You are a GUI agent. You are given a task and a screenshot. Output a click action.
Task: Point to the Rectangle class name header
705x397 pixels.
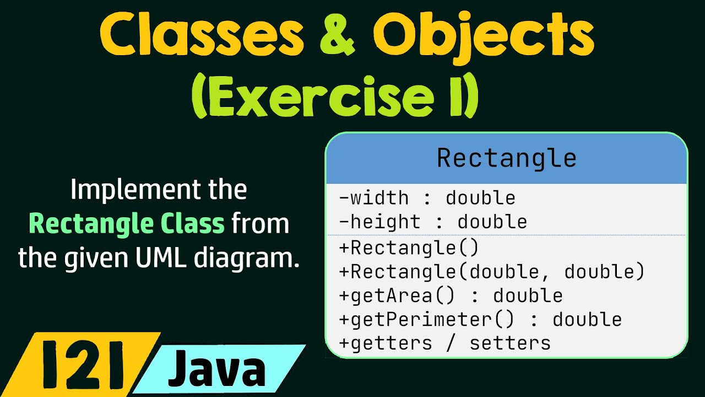[x=506, y=158]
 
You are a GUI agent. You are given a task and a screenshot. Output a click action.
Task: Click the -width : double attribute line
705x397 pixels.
[x=427, y=197]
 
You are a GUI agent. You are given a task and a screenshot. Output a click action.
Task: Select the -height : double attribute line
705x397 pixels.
[x=433, y=222]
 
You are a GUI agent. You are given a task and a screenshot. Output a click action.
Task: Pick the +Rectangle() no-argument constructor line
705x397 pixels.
[x=409, y=248]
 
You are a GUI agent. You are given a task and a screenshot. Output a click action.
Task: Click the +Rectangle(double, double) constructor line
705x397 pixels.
[x=492, y=271]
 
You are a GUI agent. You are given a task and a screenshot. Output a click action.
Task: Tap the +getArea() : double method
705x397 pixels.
[x=451, y=296]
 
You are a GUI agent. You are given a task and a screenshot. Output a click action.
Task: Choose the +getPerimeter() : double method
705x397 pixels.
[x=480, y=319]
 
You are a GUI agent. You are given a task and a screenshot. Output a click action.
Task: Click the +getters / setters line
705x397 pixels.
[x=444, y=343]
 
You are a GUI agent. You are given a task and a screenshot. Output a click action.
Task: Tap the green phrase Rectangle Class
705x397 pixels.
[x=127, y=224]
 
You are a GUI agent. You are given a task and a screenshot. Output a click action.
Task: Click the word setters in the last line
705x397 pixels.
[x=510, y=343]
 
